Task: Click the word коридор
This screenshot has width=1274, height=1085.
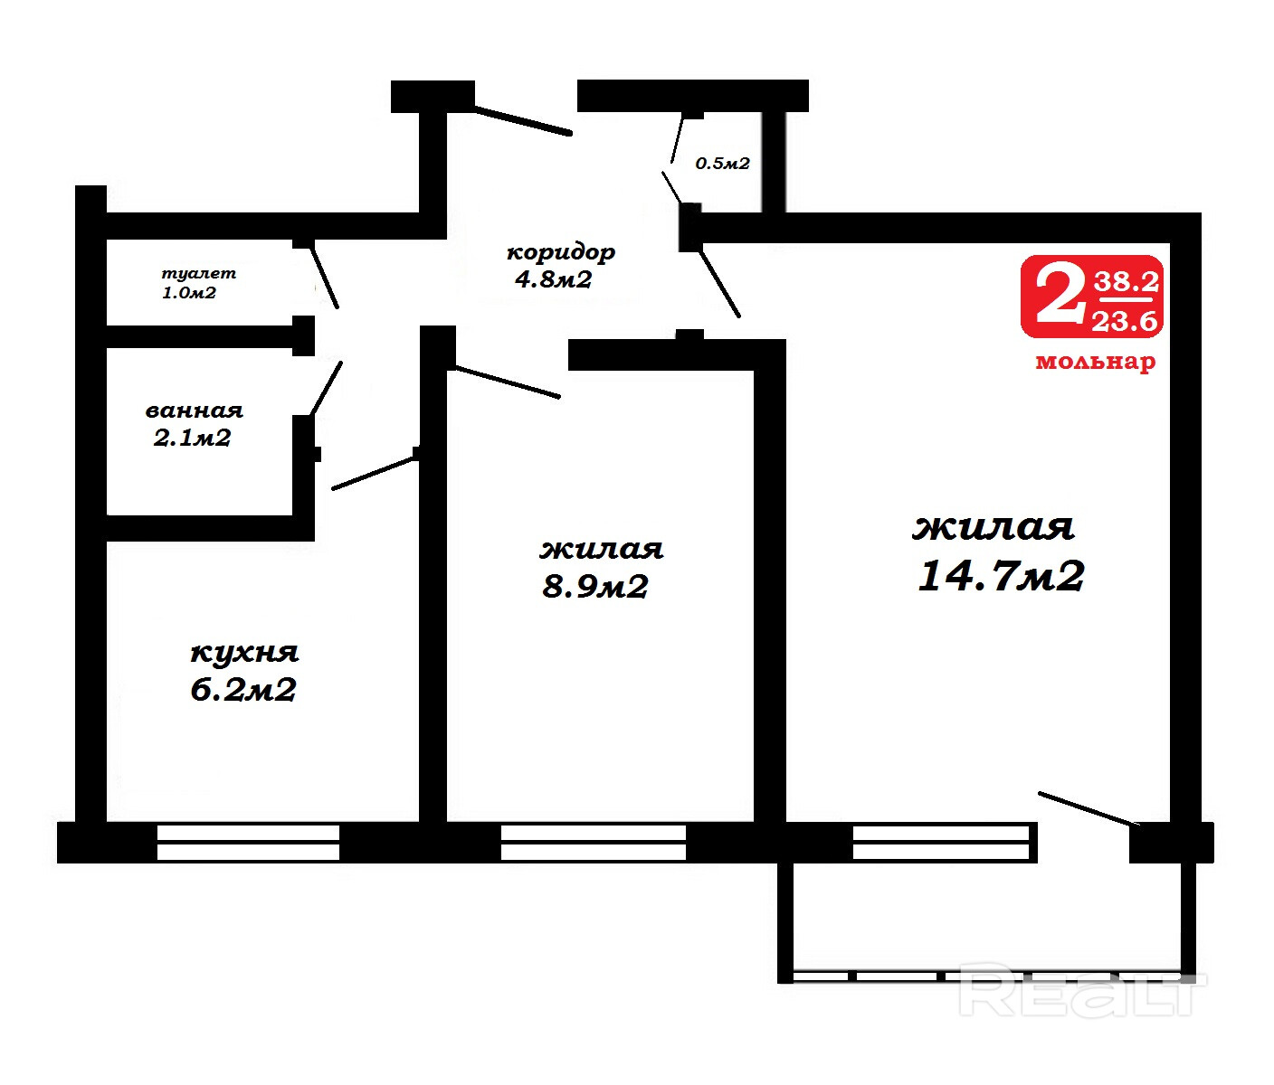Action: (561, 253)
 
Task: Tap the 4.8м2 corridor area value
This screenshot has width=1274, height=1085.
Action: (554, 279)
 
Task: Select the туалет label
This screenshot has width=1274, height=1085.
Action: (198, 273)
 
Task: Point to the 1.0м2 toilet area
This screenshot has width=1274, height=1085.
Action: (189, 293)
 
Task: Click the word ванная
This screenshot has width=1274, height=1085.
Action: (195, 410)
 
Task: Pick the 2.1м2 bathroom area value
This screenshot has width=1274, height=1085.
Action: (193, 438)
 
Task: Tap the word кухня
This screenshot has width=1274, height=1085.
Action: (244, 652)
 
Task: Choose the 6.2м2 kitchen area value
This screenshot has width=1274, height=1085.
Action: (243, 690)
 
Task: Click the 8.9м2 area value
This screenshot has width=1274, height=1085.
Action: (595, 586)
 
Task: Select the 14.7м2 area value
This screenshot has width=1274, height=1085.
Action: (1001, 576)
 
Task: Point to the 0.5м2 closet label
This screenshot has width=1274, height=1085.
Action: (722, 164)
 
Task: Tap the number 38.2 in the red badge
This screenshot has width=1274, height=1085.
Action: (1127, 282)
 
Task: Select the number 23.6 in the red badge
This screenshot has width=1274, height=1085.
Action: (1125, 321)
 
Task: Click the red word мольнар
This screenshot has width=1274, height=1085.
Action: (1095, 362)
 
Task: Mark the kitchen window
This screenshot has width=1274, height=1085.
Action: (249, 843)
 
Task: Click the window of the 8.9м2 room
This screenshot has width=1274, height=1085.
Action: (594, 843)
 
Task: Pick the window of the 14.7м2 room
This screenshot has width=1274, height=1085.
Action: (941, 843)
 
